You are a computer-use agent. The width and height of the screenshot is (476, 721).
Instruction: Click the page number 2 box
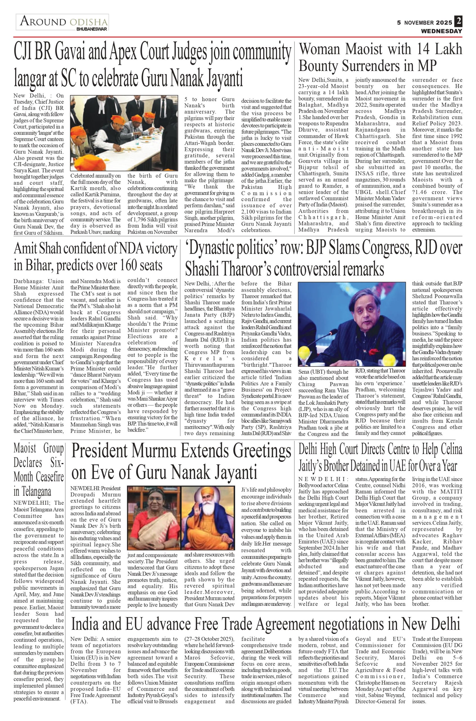(458, 21)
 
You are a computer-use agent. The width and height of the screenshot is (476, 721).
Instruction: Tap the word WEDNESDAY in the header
(441, 31)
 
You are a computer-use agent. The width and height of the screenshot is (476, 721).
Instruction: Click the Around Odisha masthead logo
(62, 22)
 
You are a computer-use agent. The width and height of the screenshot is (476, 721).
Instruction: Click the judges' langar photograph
(124, 133)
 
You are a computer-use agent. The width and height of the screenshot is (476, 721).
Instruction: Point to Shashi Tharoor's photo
(352, 324)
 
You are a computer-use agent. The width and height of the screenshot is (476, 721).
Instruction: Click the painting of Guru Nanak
(208, 517)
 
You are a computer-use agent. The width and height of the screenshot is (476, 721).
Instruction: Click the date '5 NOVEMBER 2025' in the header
(424, 23)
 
